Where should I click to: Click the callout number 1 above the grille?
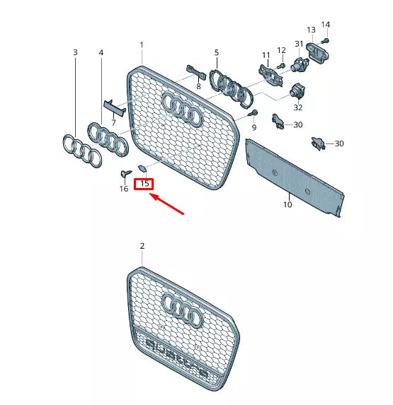pos(141,45)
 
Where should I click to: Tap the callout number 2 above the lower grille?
pos(142,246)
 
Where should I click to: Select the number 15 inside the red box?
pos(144,184)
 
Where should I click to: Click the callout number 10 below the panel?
pos(287,205)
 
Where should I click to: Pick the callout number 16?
pos(124,189)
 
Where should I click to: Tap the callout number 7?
pos(113,123)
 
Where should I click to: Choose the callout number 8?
pos(199,86)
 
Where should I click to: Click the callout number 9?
pos(255,128)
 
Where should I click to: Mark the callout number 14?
pos(326,25)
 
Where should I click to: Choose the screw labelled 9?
pos(252,113)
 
